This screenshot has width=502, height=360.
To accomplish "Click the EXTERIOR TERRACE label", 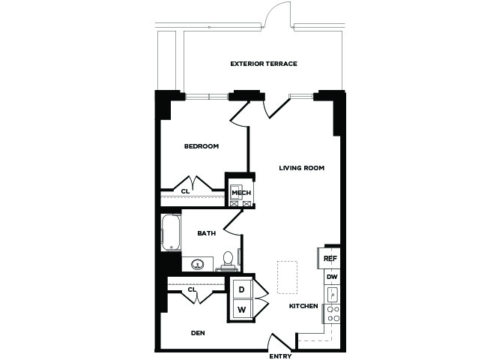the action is [264, 64].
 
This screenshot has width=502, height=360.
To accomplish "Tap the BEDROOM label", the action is [202, 146].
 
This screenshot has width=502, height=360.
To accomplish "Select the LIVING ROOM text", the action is [302, 168].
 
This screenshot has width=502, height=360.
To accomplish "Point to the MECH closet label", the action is [241, 193].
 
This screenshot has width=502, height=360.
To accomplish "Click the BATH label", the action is [207, 233].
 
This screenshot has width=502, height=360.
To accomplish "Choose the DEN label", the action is [198, 333].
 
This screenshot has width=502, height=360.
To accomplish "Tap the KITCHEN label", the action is [303, 306].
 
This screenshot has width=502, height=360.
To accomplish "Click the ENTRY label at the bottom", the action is [280, 356].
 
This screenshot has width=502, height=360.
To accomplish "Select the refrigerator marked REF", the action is [329, 258].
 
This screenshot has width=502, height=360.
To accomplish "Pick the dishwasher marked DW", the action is [333, 277].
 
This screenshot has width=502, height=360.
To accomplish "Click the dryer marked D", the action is [242, 289].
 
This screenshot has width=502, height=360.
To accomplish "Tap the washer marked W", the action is [242, 310].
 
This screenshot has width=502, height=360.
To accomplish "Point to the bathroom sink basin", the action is [198, 265].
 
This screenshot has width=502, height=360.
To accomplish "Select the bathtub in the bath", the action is [172, 232].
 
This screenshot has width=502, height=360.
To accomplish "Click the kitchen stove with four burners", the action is [333, 313].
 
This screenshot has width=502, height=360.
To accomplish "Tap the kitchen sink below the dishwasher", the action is [333, 295].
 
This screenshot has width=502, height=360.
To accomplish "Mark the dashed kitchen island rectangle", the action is [287, 277].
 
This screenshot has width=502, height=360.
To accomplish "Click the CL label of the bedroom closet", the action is [185, 191].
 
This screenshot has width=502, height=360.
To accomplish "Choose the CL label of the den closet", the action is [192, 289].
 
